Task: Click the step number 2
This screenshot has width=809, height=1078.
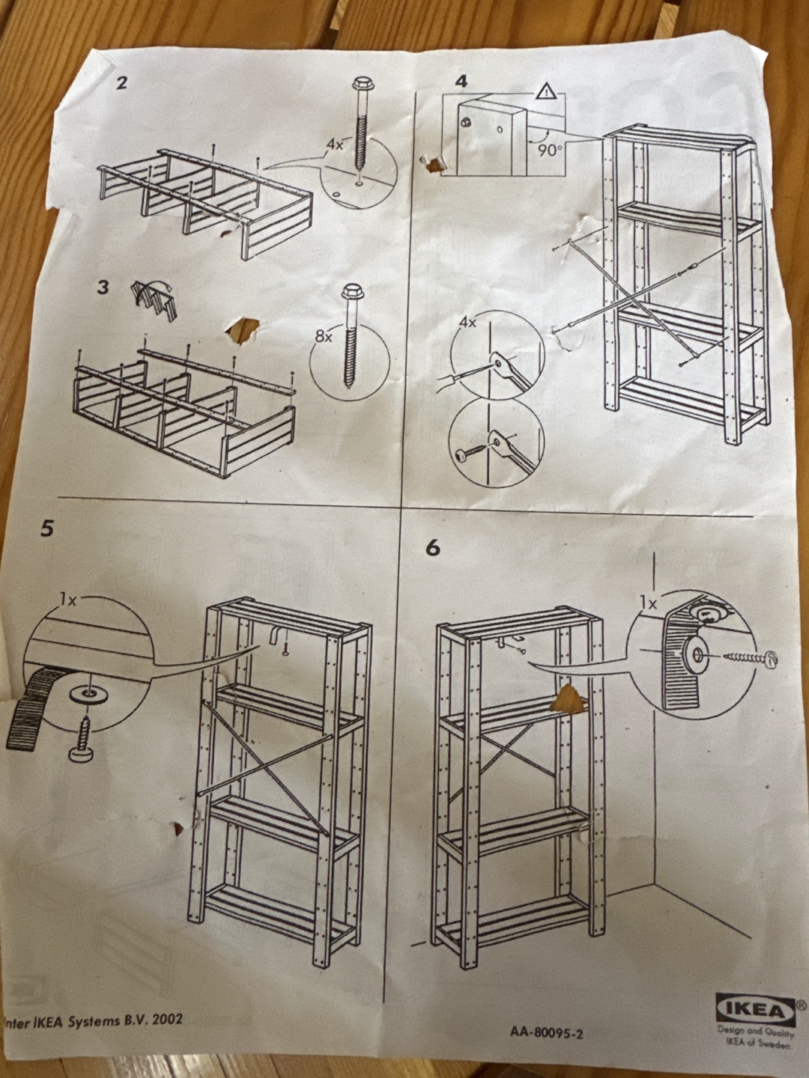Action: (x=121, y=82)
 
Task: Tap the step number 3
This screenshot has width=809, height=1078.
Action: (x=102, y=287)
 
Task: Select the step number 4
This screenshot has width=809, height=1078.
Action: (x=461, y=81)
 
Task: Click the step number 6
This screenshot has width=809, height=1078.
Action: (x=433, y=548)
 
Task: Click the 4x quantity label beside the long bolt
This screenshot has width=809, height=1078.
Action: (x=336, y=144)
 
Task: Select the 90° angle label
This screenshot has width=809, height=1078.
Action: (x=548, y=150)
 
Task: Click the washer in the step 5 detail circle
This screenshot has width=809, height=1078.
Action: (x=88, y=693)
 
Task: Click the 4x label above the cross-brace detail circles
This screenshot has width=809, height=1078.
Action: (x=467, y=323)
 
